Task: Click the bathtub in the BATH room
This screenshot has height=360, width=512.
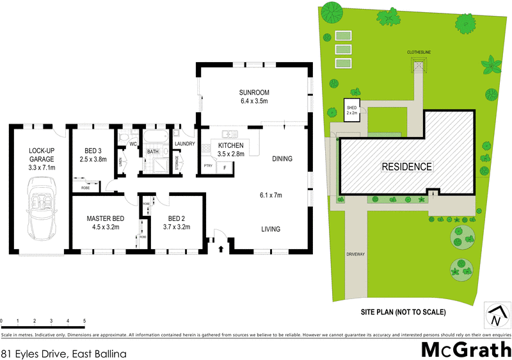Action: [x=154, y=138]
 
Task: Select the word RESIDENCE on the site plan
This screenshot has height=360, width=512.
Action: [x=407, y=167]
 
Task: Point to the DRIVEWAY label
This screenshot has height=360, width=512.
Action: [x=355, y=254]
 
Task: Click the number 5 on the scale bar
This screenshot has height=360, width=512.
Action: [x=84, y=320]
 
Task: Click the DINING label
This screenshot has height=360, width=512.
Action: [x=282, y=159]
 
